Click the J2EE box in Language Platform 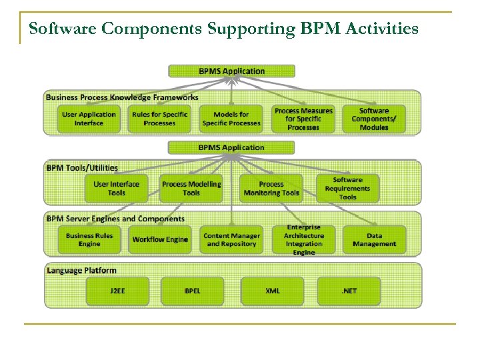pos(117,291)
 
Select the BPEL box pos(192,291)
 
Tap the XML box pos(272,291)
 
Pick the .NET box pos(349,291)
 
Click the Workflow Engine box pos(160,240)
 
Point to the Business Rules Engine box pos(89,240)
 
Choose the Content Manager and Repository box pos(231,240)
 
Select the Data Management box pos(374,240)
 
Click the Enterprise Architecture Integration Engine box pos(304,240)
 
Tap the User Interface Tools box pos(116,189)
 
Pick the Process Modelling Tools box pos(191,189)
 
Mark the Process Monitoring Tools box pos(271,189)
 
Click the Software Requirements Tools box pos(347,189)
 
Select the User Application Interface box pos(89,119)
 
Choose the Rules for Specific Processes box pos(159,119)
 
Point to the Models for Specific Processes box pos(231,119)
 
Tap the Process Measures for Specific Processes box pos(303,119)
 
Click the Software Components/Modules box pos(374,119)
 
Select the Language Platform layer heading pos(81,271)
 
